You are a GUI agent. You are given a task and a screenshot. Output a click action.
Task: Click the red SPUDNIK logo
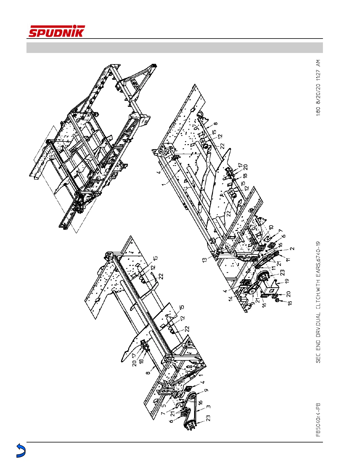56,31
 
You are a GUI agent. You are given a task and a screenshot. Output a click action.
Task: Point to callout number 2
292,249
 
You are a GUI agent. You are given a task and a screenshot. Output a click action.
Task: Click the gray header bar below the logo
175,48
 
